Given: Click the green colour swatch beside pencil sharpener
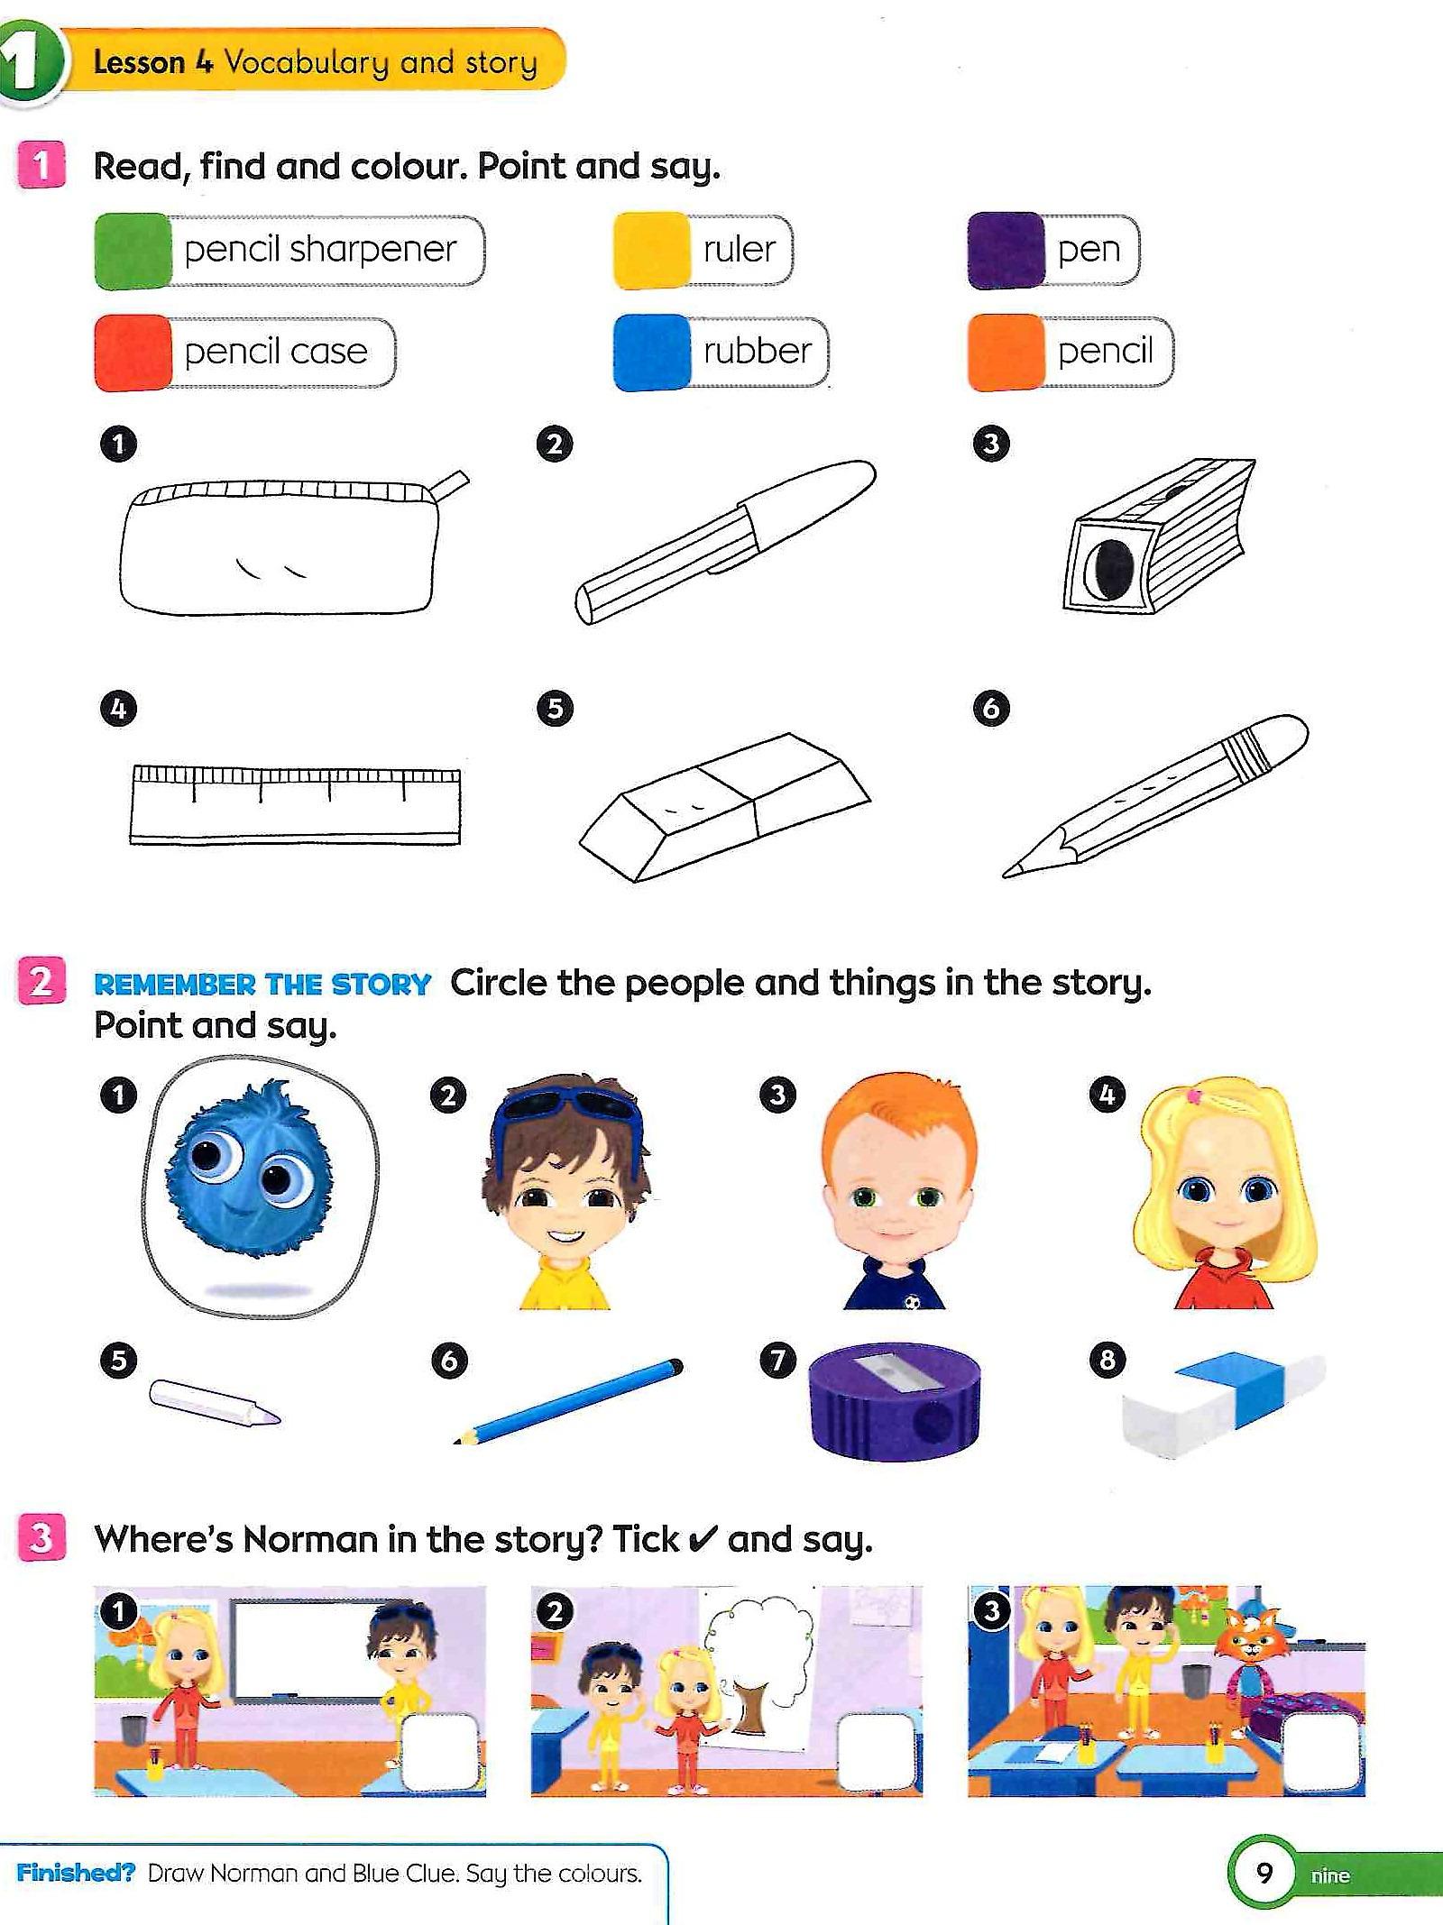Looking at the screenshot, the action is (x=133, y=251).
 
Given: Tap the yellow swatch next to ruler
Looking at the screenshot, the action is (x=652, y=251).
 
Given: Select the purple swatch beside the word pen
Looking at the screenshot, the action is (x=1006, y=251).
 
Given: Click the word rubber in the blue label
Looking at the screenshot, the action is (x=758, y=351).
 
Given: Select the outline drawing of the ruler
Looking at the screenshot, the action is (x=295, y=805).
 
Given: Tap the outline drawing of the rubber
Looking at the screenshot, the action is (x=724, y=808).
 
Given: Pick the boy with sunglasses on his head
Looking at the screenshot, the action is (x=567, y=1190).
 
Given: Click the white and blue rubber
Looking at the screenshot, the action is (x=1224, y=1404).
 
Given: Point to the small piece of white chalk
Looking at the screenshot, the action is (x=215, y=1404).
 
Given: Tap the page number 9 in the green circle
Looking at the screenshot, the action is (x=1264, y=1874).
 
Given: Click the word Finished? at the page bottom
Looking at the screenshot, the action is (x=76, y=1873).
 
